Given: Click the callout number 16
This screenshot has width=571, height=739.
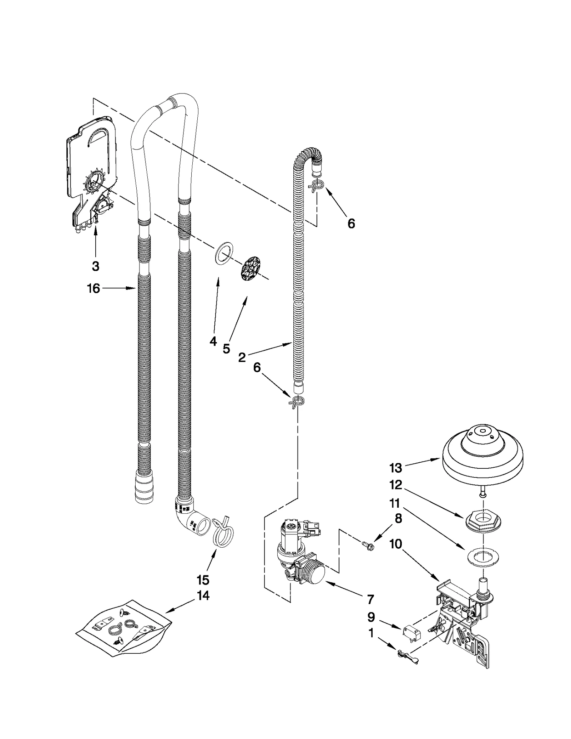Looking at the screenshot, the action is [x=94, y=288].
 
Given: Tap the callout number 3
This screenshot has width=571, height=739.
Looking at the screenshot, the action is [x=95, y=266].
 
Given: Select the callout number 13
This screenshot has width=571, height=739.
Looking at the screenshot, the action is [x=396, y=468].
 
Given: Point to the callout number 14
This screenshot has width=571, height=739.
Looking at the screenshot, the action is [x=203, y=595].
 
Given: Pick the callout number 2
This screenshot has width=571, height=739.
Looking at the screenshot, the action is [x=242, y=358].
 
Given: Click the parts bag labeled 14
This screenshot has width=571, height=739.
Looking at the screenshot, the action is [x=123, y=630].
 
